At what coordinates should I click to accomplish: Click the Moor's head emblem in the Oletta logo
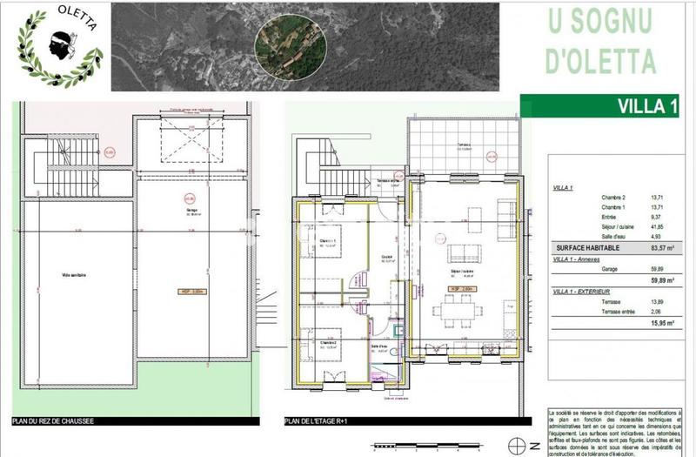[x=60, y=40]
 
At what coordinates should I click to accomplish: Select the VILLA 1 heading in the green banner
[x=647, y=107]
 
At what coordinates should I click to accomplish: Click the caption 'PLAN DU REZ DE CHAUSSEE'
[x=54, y=421]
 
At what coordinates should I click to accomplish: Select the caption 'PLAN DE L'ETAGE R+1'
[x=321, y=421]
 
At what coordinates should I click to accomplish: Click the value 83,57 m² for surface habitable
[x=666, y=248]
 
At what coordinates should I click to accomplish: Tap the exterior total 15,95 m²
[x=666, y=333]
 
